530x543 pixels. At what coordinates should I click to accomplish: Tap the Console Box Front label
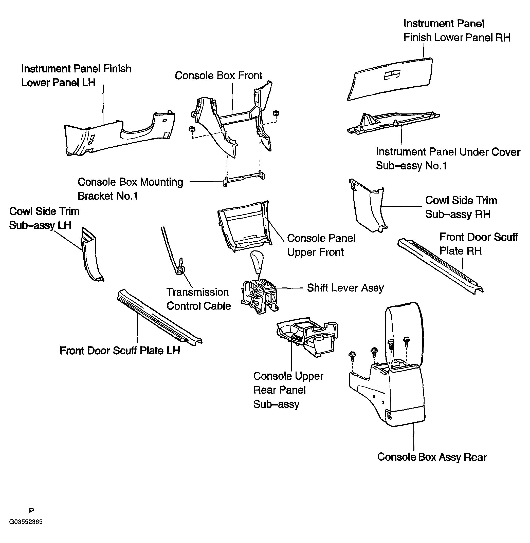point(218,75)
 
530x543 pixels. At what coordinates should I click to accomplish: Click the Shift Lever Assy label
point(345,288)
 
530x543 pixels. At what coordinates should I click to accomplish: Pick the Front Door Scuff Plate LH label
point(120,351)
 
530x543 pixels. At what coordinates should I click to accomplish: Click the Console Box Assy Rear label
point(432,457)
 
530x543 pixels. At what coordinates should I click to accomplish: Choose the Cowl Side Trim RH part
point(368,206)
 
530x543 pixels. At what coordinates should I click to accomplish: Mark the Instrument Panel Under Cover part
point(393,122)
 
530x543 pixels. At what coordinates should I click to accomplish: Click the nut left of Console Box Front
point(191,129)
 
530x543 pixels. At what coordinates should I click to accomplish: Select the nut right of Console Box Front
point(276,113)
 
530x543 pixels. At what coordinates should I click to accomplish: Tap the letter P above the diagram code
point(31,510)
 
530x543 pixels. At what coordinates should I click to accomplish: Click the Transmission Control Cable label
point(198,299)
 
